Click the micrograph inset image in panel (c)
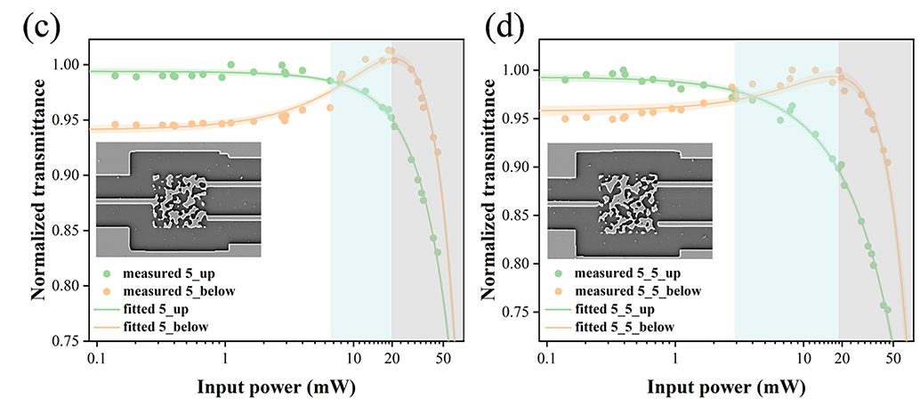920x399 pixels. click(177, 199)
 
